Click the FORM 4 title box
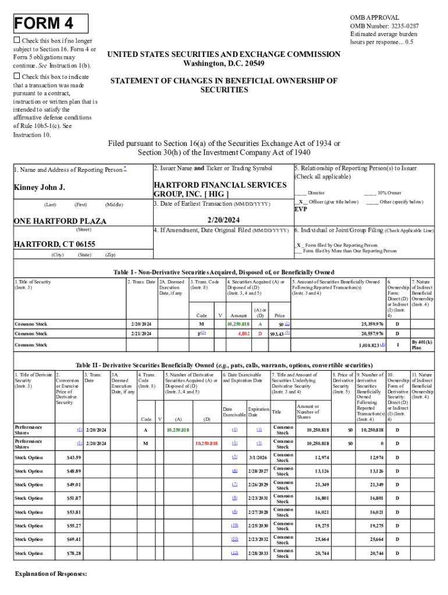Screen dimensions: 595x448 (51, 24)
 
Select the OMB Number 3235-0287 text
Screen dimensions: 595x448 (384, 26)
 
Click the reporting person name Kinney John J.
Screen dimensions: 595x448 (40, 188)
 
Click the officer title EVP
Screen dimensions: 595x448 (301, 209)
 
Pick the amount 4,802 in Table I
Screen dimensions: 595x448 (244, 334)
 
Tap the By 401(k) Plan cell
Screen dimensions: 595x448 (422, 345)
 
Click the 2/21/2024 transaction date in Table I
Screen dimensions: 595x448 (141, 334)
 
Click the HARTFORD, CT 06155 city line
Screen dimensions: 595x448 (55, 244)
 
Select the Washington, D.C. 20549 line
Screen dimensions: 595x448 (224, 63)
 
